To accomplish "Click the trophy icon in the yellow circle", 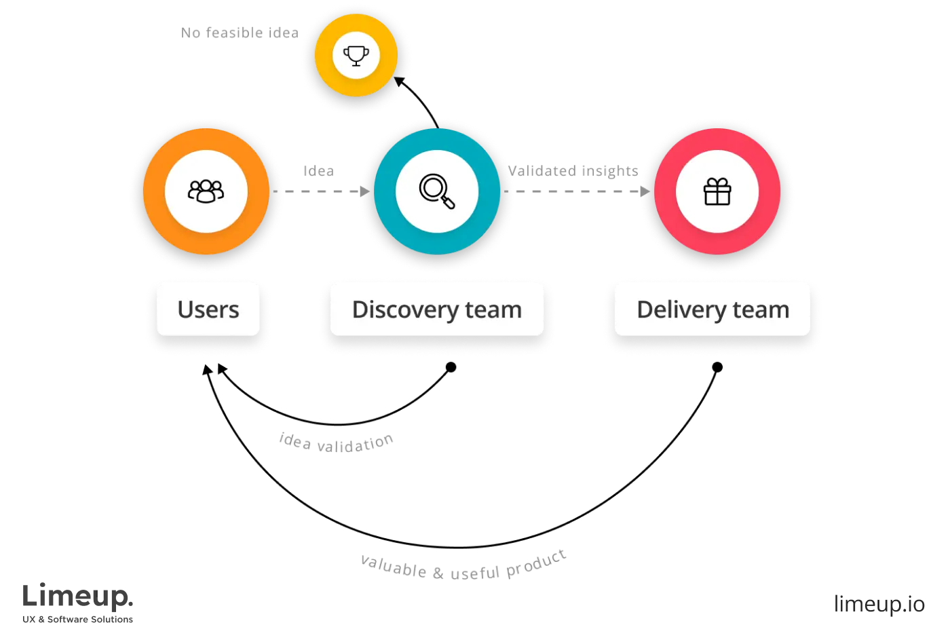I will [356, 55].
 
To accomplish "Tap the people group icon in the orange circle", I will [206, 191].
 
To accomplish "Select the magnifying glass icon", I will [436, 191].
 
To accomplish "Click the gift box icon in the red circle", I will [717, 191].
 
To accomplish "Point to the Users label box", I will [208, 309].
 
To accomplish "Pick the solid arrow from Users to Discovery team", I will [324, 193].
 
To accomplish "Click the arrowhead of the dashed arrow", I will [643, 193].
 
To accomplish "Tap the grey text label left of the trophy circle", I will [239, 33].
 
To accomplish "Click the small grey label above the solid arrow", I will [320, 170].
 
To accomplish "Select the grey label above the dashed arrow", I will [574, 170].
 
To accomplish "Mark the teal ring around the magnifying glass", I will [438, 139].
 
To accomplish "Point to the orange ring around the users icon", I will [206, 139].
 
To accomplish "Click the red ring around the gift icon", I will [717, 139].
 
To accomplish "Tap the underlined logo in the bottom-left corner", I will [78, 601].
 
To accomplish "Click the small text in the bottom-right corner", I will [879, 603].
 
